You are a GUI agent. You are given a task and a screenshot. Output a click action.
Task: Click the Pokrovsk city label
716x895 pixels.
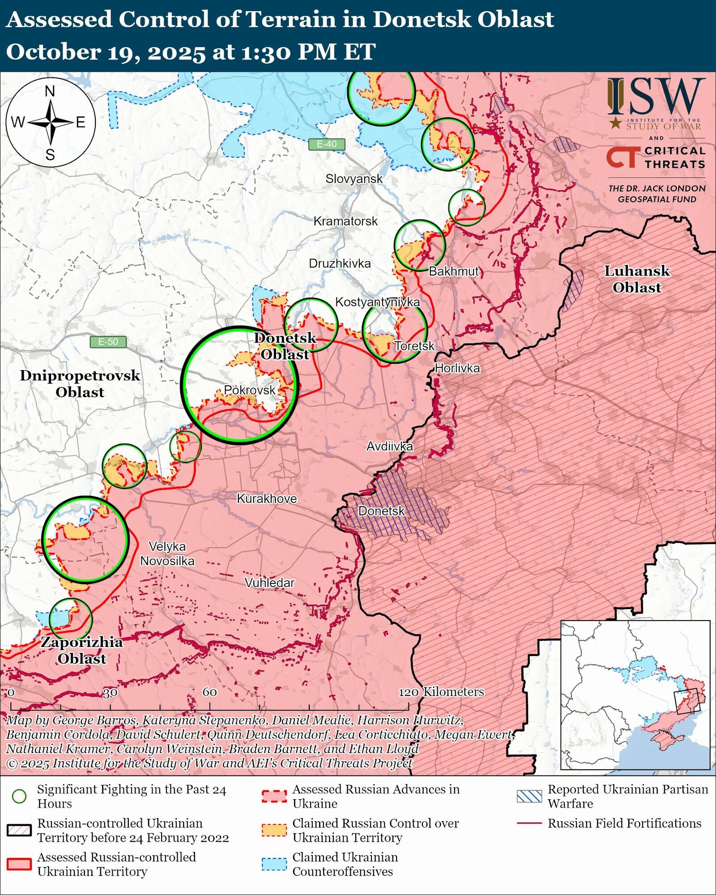[x=250, y=390]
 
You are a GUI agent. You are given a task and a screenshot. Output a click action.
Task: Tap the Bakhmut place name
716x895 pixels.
[x=453, y=271]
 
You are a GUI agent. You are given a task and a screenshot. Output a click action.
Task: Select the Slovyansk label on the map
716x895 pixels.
[x=354, y=179]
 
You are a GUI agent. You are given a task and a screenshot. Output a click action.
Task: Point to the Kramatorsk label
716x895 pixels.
[x=345, y=221]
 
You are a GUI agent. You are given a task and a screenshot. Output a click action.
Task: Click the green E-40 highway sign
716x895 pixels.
[x=327, y=144]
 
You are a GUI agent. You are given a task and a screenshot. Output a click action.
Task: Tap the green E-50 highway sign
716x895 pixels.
[x=108, y=342]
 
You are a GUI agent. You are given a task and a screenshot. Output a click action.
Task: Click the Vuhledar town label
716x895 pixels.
[x=269, y=583]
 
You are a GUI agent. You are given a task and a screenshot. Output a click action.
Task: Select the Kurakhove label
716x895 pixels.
[x=267, y=499]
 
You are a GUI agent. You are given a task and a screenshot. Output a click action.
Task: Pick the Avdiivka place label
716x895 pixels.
[x=389, y=446]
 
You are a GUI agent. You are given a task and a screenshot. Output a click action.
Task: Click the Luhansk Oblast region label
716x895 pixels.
[x=637, y=279]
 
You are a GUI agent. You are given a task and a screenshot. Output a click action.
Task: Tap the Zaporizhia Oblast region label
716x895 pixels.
[x=82, y=650]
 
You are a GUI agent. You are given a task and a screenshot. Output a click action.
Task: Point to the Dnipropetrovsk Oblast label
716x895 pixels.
[x=80, y=384]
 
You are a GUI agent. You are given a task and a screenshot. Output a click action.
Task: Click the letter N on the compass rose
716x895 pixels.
[x=50, y=91]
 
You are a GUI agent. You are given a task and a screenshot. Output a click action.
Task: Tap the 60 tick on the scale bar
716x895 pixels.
[x=209, y=692]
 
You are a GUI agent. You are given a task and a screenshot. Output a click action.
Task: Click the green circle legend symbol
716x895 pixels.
[x=19, y=796]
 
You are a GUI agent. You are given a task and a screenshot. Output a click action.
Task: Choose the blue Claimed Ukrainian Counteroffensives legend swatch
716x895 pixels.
[x=274, y=864]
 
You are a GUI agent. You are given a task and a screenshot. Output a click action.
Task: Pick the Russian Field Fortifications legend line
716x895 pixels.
[x=529, y=823]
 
